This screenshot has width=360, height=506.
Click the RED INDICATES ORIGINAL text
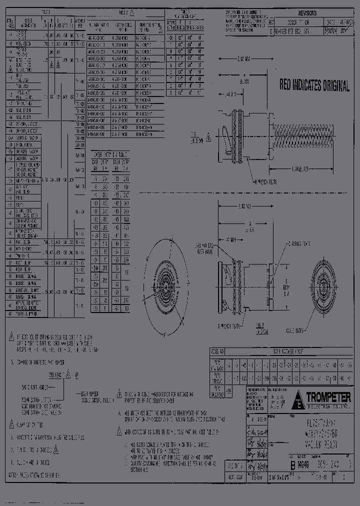pyautogui.click(x=314, y=85)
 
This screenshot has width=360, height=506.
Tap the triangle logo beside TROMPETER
pyautogui.click(x=299, y=398)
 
